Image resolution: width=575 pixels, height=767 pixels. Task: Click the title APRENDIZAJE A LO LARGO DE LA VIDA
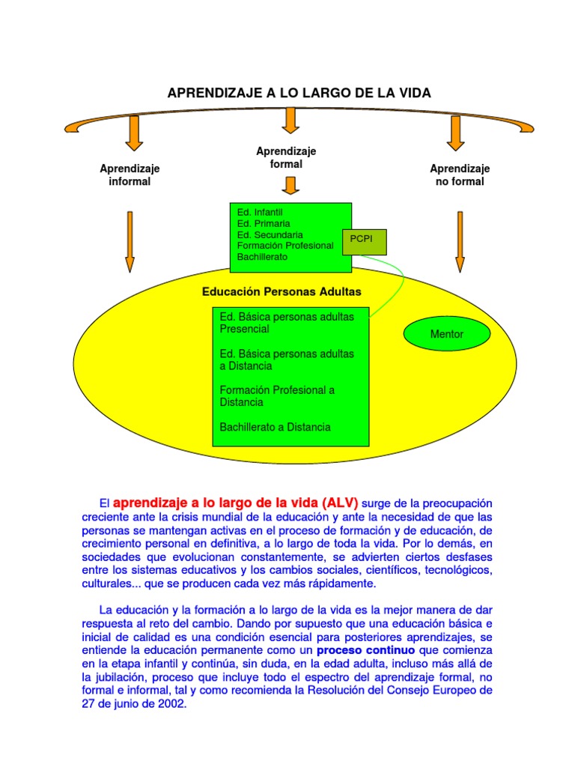click(299, 93)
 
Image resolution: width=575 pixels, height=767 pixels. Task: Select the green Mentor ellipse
click(447, 334)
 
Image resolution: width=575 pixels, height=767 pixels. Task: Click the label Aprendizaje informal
click(130, 175)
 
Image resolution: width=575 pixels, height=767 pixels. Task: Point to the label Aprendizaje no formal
click(460, 175)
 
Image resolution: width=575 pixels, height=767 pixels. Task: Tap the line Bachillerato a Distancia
click(275, 427)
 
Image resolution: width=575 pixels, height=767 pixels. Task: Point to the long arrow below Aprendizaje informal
click(130, 241)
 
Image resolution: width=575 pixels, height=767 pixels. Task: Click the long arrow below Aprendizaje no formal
click(460, 241)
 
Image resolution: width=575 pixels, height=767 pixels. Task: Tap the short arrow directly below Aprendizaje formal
click(292, 185)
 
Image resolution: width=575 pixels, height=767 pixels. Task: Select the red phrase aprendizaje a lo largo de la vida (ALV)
click(235, 502)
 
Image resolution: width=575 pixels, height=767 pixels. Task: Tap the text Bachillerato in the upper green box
click(262, 257)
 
